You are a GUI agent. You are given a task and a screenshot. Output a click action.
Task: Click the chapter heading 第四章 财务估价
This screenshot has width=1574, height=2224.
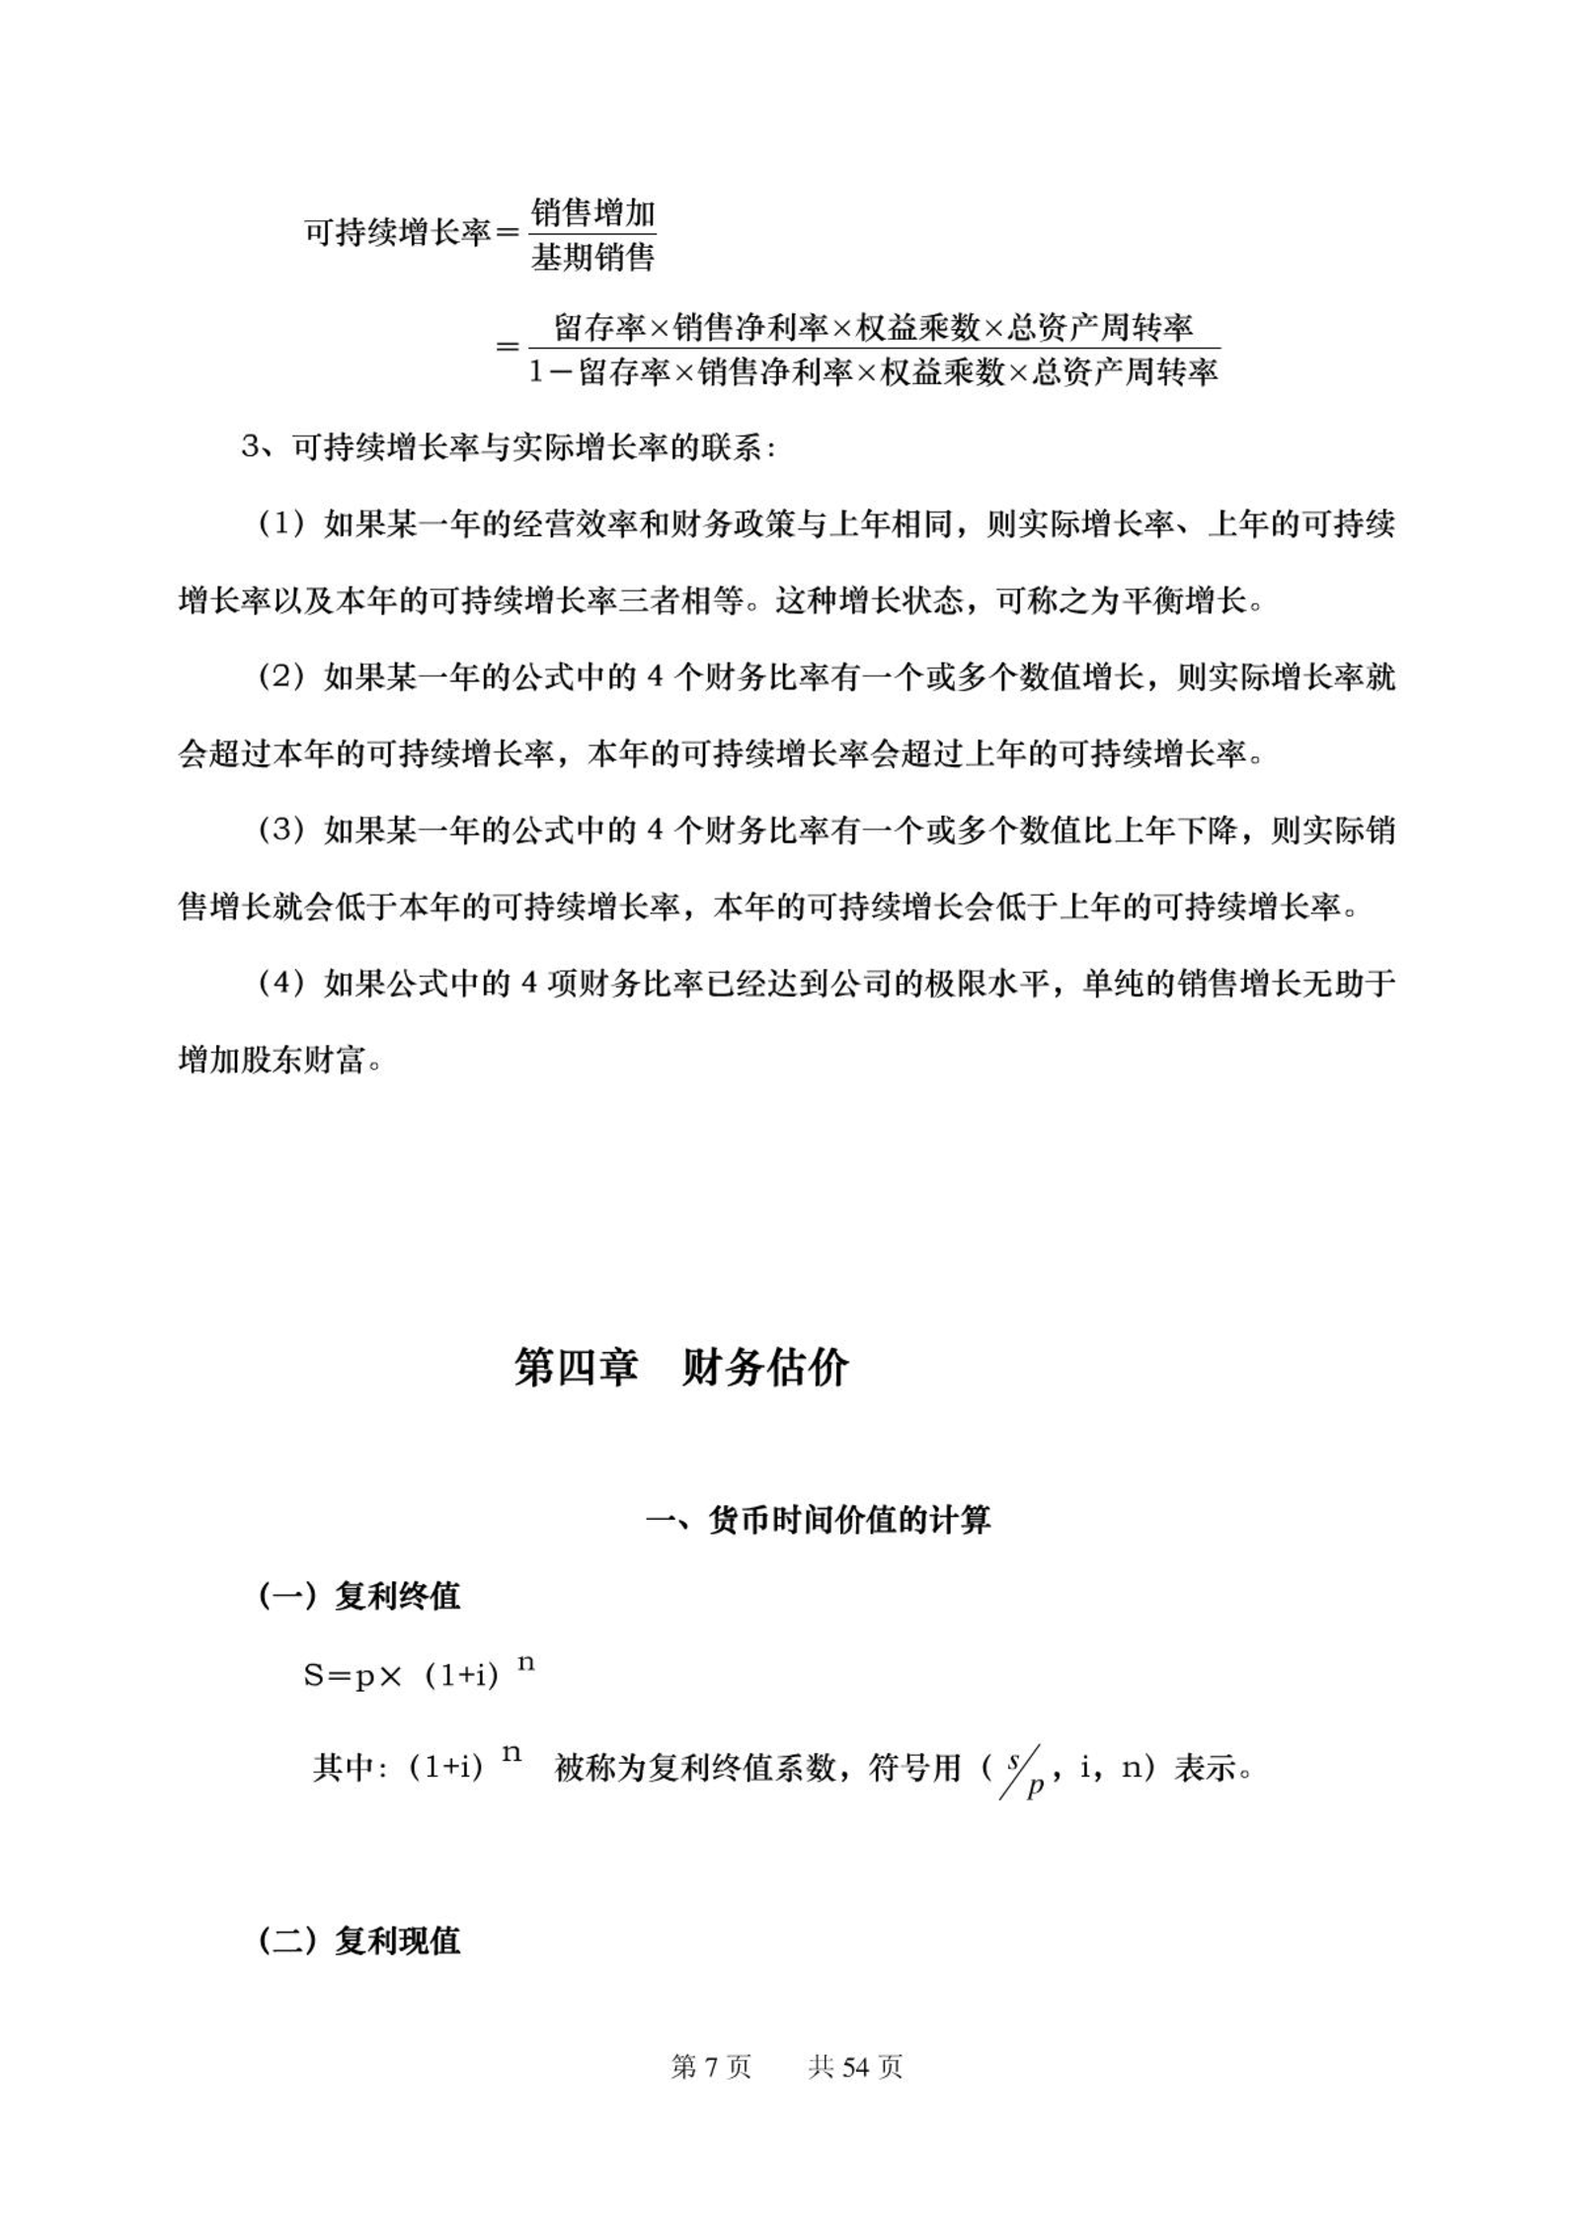(x=681, y=1368)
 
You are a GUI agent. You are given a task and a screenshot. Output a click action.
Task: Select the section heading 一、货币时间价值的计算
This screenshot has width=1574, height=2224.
(x=818, y=1520)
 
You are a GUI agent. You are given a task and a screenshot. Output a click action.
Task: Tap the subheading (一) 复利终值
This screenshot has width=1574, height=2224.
(x=359, y=1596)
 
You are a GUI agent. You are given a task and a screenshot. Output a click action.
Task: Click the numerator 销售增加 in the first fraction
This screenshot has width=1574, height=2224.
(x=592, y=212)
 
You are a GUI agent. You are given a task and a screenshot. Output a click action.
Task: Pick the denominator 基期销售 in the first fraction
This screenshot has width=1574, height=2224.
(x=592, y=258)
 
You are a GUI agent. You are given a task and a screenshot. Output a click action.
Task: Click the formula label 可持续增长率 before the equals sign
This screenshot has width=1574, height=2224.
(x=396, y=234)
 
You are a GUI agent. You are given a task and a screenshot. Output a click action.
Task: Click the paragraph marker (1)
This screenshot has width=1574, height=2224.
(x=280, y=524)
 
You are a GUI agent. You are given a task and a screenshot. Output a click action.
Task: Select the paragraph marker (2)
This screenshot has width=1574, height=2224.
(x=280, y=677)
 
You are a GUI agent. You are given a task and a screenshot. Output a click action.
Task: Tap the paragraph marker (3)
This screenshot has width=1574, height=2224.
(x=280, y=831)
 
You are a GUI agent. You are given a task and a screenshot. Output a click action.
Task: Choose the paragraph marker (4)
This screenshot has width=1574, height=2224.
(x=280, y=984)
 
